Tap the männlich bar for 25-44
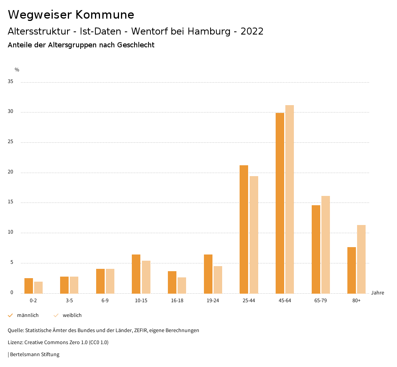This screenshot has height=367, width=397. pyautogui.click(x=244, y=229)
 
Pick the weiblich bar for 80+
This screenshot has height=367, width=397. pyautogui.click(x=361, y=259)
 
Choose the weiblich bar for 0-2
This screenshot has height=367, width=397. pyautogui.click(x=38, y=287)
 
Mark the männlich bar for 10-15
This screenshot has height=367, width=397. pyautogui.click(x=136, y=274)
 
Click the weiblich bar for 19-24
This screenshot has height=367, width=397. pyautogui.click(x=218, y=280)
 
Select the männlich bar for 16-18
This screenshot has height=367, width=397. pyautogui.click(x=172, y=282)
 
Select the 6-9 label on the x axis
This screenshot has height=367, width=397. pyautogui.click(x=105, y=301)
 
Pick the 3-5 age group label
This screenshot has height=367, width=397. pyautogui.click(x=69, y=301)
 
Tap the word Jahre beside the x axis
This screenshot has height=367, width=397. pyautogui.click(x=378, y=293)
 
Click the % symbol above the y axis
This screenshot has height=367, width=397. pyautogui.click(x=17, y=70)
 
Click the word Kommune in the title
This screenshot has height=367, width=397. pyautogui.click(x=105, y=15)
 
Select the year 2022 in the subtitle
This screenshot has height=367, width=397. pyautogui.click(x=252, y=31)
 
